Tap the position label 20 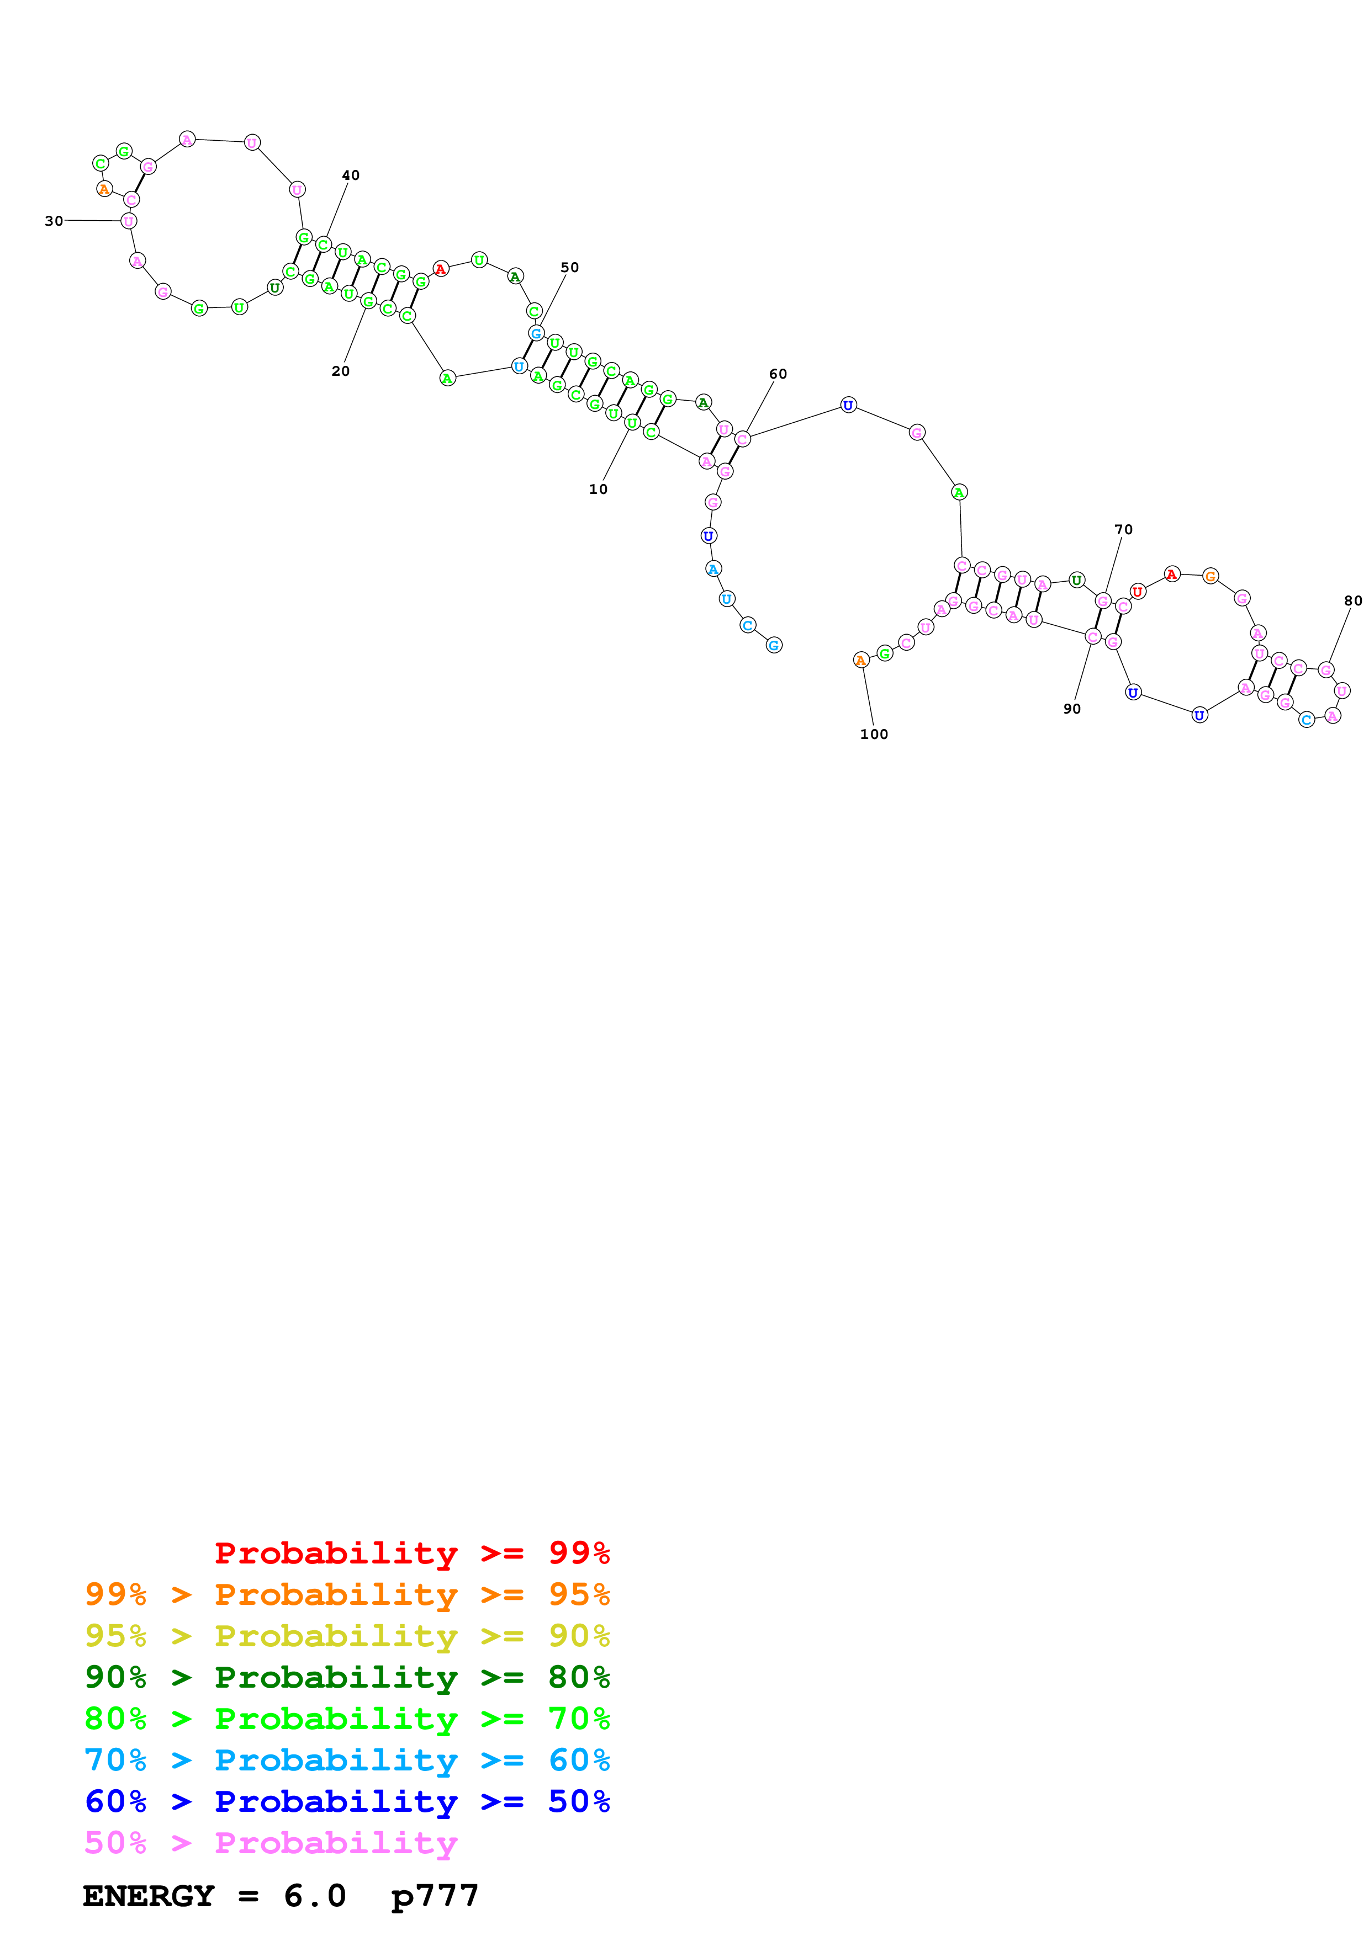pos(340,371)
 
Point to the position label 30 pos(54,221)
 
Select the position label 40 pos(350,175)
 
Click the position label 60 pos(777,374)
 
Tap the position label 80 pos(1352,600)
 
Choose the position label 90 pos(1071,708)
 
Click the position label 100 pos(873,733)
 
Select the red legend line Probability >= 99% pos(411,1552)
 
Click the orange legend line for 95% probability pos(347,1594)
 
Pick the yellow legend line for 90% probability pos(347,1635)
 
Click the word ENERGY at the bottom pos(149,1896)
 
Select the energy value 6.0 pos(315,1896)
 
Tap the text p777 pos(435,1896)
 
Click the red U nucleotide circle pos(1137,591)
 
